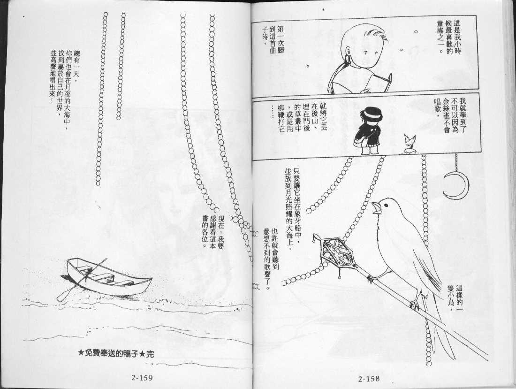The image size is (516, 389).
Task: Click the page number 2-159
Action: click(142, 377)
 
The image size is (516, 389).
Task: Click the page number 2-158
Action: click(369, 379)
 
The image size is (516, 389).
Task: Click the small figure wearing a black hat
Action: click(368, 132)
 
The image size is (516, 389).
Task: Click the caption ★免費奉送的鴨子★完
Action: click(116, 354)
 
